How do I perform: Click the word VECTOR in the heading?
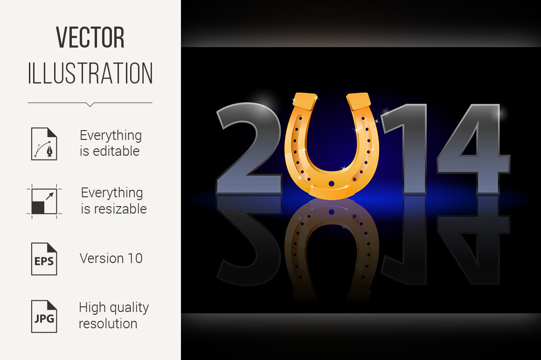pos(90,38)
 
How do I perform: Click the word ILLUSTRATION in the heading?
pos(90,73)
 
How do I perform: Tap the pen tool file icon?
pos(44,144)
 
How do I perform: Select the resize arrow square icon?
pos(44,201)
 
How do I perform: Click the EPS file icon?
pos(44,259)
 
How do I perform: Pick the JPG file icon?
pos(44,316)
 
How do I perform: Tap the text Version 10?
pos(111,258)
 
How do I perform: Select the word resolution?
pos(108,324)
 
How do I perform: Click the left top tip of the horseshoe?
pos(305,98)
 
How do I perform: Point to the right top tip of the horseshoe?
pos(359,98)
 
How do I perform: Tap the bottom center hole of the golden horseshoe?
pos(332,184)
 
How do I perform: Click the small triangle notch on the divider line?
pos(90,104)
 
